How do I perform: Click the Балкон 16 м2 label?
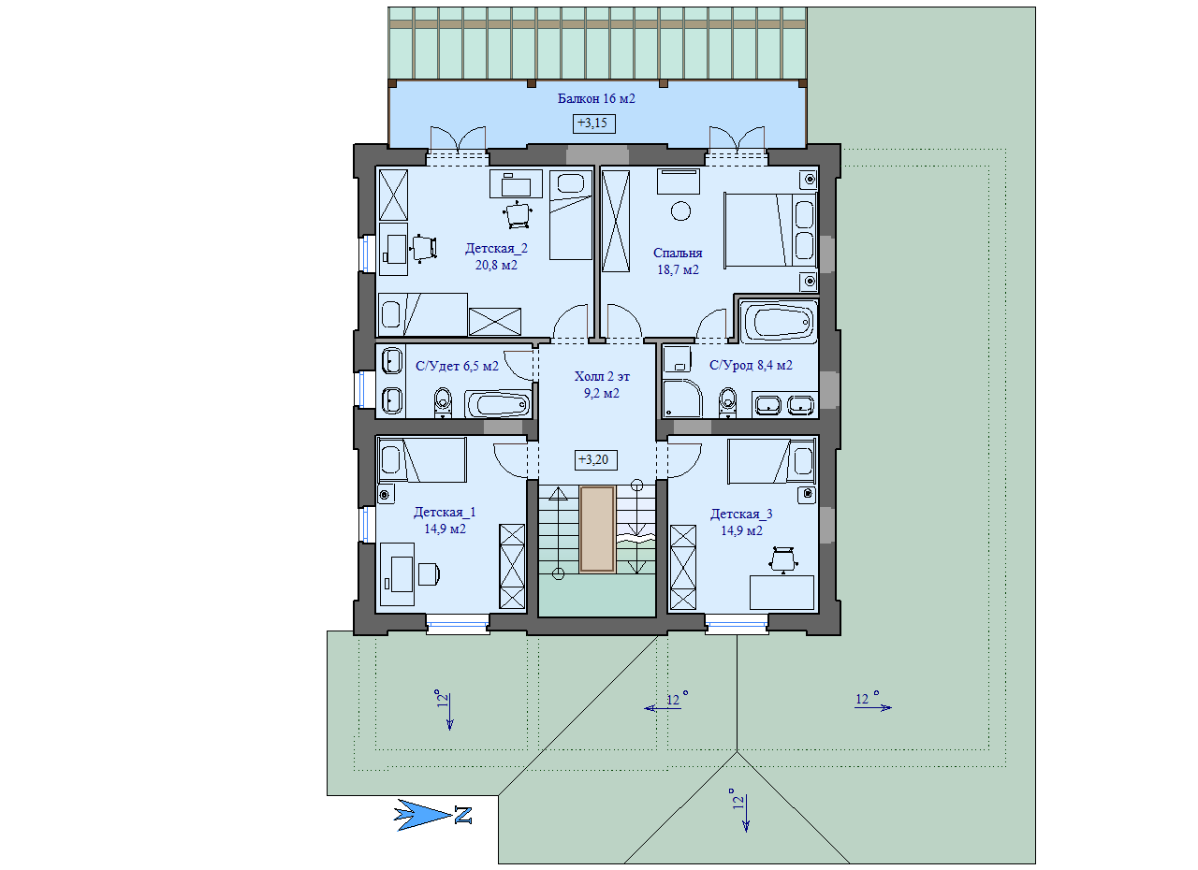pyautogui.click(x=596, y=98)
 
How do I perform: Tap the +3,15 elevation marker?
pyautogui.click(x=593, y=123)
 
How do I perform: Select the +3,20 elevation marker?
pyautogui.click(x=595, y=460)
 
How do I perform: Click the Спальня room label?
pyautogui.click(x=677, y=253)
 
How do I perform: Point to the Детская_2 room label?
pyautogui.click(x=496, y=249)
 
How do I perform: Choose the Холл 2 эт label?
pyautogui.click(x=602, y=377)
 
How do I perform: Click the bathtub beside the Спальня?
pyautogui.click(x=778, y=322)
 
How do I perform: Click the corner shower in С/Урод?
pyautogui.click(x=682, y=399)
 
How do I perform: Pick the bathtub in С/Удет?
pyautogui.click(x=497, y=404)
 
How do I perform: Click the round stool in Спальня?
pyautogui.click(x=680, y=210)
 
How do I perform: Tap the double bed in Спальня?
pyautogui.click(x=770, y=230)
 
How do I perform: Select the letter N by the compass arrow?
pyautogui.click(x=463, y=816)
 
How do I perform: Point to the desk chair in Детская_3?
pyautogui.click(x=783, y=559)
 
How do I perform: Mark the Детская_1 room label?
pyautogui.click(x=445, y=513)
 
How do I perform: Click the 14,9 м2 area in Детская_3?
pyautogui.click(x=741, y=531)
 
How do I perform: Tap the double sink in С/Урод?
pyautogui.click(x=784, y=404)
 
